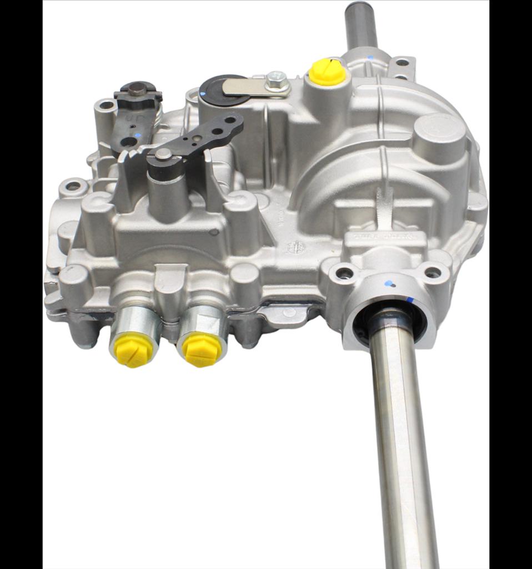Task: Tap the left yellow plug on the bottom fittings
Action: tap(132, 351)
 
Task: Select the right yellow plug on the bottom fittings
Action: tap(203, 350)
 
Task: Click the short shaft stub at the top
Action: tap(360, 25)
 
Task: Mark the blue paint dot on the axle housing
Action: tap(391, 283)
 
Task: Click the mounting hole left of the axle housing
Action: tap(344, 273)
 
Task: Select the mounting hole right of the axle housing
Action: tap(433, 272)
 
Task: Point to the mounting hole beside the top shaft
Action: tap(401, 63)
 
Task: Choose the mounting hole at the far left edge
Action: tap(73, 187)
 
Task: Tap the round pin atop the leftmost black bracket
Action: tap(137, 88)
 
